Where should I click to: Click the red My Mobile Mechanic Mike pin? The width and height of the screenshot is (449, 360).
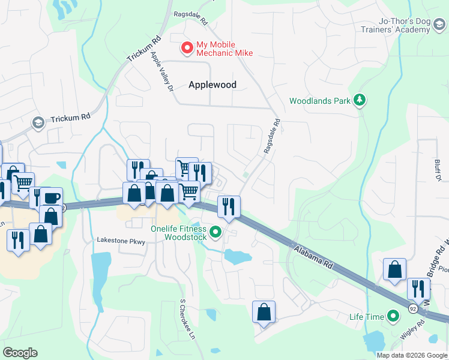point(187,47)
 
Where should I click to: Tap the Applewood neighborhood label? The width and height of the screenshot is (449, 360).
point(212,85)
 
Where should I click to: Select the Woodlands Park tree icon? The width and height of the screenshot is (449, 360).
point(360,100)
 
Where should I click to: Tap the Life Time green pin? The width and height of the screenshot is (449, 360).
point(393,316)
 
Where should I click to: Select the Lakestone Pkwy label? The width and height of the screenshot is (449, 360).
point(121,240)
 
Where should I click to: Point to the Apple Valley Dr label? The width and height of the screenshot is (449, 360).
point(161,71)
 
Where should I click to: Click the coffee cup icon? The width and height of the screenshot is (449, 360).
point(52,198)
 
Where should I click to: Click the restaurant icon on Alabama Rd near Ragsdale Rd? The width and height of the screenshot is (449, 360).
point(228,206)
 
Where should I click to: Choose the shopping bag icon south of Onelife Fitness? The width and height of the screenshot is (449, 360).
point(264,311)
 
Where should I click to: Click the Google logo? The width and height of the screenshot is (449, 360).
point(20,353)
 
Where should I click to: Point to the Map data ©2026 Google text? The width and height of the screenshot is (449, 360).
point(412,355)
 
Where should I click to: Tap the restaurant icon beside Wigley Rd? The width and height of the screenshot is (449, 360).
point(418,289)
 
